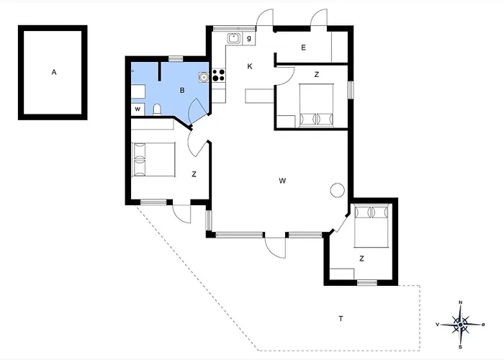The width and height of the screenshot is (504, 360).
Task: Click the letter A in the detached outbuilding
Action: (x=54, y=72)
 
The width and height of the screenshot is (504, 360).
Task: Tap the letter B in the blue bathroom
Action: (x=182, y=90)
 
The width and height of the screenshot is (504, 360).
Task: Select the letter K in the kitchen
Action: (x=250, y=66)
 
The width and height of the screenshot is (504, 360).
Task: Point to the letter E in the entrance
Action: (x=303, y=48)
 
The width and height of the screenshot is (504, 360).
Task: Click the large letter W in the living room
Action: (x=282, y=181)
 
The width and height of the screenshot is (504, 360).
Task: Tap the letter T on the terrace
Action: (x=341, y=318)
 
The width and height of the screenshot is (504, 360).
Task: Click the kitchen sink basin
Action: (x=234, y=39)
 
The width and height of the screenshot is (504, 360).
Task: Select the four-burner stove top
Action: (x=219, y=75)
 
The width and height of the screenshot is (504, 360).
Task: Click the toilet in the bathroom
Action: (x=157, y=109)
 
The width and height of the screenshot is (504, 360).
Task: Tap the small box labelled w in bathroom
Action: (x=138, y=109)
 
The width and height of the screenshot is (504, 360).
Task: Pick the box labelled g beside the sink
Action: (x=249, y=39)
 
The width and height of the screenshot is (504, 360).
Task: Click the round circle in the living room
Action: (x=337, y=190)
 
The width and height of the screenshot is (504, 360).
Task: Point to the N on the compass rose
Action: (x=460, y=302)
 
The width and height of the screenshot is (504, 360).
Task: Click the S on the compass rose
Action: (x=461, y=347)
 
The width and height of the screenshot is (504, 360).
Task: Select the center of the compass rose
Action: (x=461, y=325)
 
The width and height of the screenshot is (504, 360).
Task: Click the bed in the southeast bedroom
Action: (x=372, y=226)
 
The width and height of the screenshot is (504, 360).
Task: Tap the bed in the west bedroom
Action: (x=153, y=159)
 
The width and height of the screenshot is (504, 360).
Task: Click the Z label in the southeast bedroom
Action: (x=361, y=258)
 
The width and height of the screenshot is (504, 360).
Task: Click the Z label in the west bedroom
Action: (x=194, y=174)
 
